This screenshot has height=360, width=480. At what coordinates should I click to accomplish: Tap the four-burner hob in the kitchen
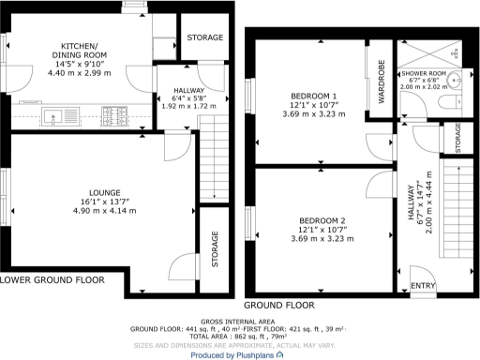coord(116,116)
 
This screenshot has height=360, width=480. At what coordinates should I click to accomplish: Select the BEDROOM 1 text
coord(314,96)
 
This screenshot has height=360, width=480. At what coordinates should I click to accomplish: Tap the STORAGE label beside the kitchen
coord(205,37)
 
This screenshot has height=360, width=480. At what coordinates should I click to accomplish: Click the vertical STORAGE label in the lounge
coord(215,250)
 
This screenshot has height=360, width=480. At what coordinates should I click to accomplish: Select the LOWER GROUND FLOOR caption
coord(52,279)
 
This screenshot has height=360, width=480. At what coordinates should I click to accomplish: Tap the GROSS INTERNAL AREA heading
coord(240,321)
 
